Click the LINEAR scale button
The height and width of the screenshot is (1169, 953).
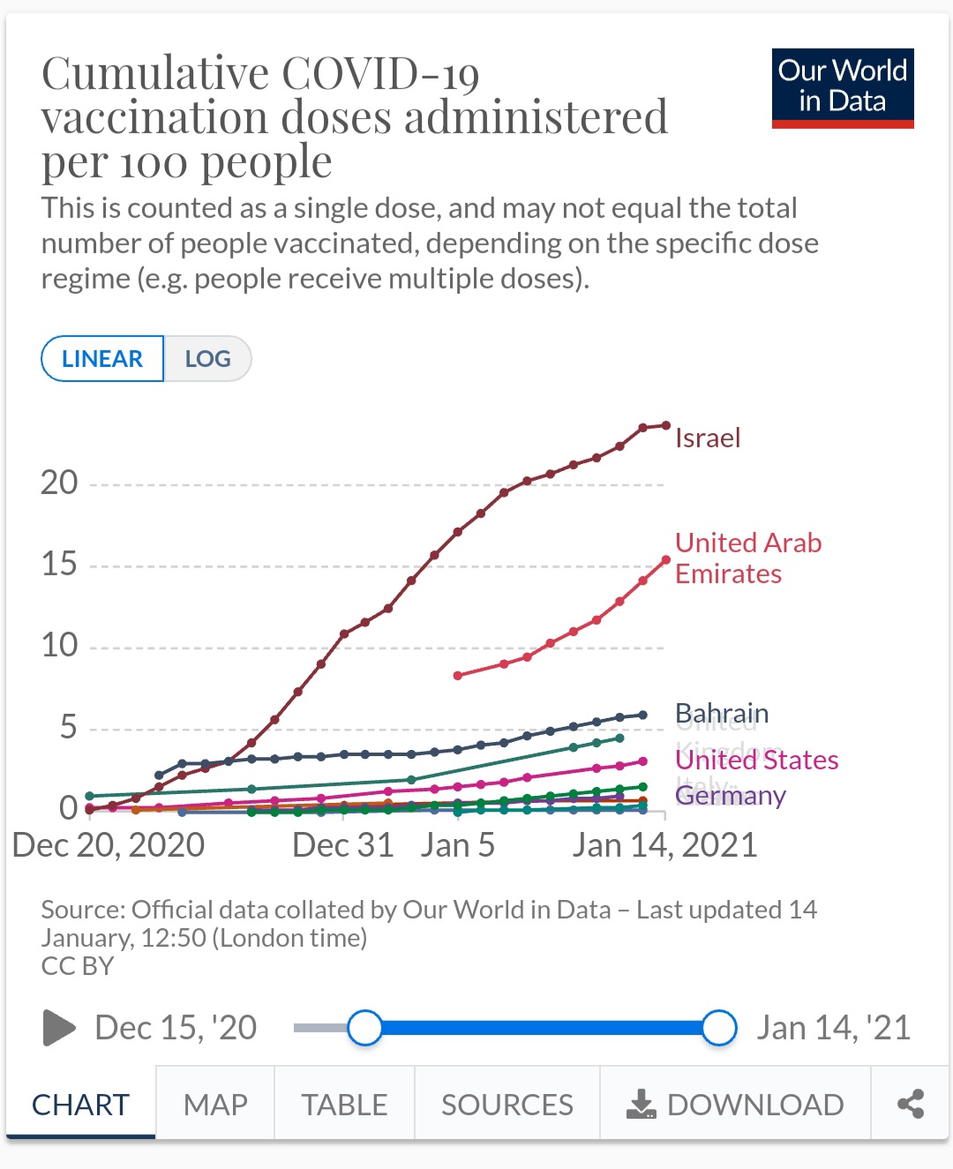(x=102, y=359)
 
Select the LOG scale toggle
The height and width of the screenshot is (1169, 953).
(x=207, y=359)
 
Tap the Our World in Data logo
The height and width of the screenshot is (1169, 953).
(x=842, y=87)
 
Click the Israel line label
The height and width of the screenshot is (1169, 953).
(x=708, y=438)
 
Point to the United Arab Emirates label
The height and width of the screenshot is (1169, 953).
(x=747, y=558)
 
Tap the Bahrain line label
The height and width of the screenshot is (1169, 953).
(x=722, y=712)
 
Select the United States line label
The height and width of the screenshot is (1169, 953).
(x=757, y=760)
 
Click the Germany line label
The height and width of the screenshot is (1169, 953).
(x=731, y=795)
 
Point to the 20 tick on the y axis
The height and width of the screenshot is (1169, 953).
(x=59, y=483)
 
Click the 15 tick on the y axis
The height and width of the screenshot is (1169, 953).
(x=59, y=565)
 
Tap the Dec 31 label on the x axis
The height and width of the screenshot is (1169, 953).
(x=342, y=845)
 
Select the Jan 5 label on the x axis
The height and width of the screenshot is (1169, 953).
(x=457, y=845)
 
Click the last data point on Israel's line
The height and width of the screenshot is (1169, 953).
(x=665, y=425)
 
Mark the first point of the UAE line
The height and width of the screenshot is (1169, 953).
(x=457, y=676)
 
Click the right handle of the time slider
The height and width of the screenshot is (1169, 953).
(x=720, y=1028)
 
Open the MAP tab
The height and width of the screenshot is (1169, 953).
(x=215, y=1105)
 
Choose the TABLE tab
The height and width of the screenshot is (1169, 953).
(x=344, y=1105)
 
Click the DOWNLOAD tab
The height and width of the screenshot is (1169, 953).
(x=735, y=1105)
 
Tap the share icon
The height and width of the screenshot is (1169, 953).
(x=910, y=1104)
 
